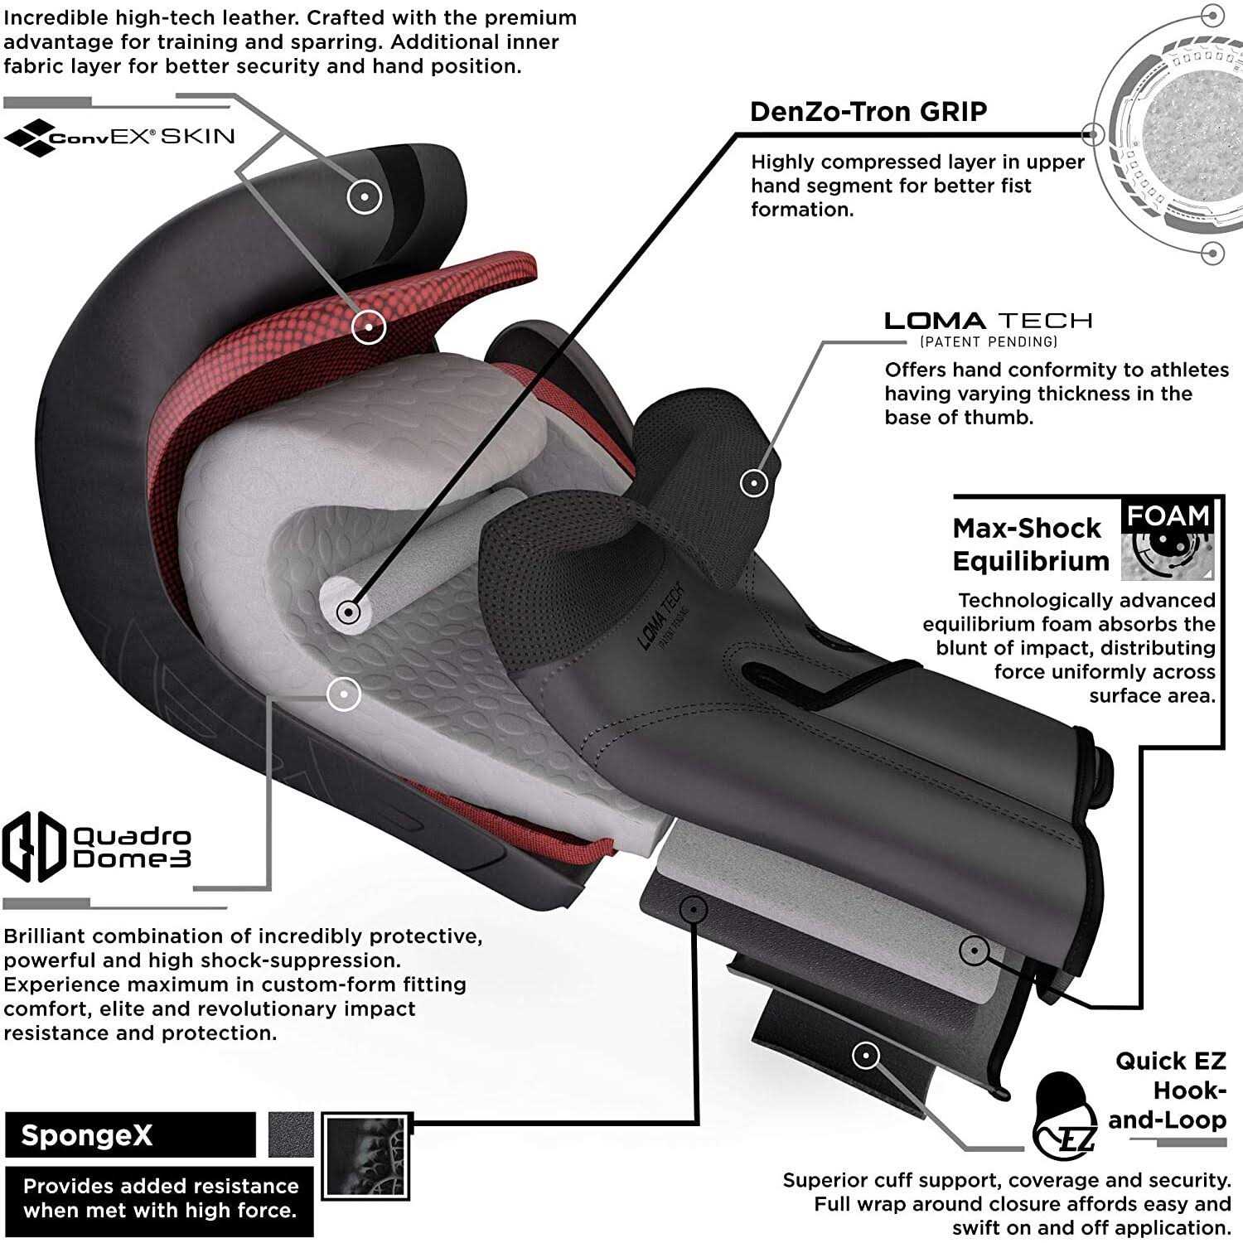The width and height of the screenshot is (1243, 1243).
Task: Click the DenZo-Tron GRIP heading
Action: click(868, 112)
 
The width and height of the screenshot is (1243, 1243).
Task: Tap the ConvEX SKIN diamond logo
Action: click(28, 138)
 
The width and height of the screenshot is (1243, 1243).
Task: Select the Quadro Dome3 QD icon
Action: click(34, 846)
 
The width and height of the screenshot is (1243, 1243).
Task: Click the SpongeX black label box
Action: click(129, 1134)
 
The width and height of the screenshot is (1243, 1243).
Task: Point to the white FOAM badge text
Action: click(1168, 515)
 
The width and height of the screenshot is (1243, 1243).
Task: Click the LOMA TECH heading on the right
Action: click(988, 321)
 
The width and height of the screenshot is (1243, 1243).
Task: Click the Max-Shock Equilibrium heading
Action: click(1030, 544)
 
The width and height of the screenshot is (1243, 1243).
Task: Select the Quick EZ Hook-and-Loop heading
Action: click(1169, 1091)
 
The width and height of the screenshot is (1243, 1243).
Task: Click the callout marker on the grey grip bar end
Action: click(349, 612)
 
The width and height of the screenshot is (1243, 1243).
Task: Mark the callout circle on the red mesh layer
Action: click(369, 326)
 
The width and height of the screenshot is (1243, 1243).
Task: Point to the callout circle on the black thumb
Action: click(753, 482)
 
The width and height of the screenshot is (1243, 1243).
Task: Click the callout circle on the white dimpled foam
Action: click(343, 694)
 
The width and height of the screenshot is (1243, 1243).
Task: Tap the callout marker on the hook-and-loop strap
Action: click(865, 1055)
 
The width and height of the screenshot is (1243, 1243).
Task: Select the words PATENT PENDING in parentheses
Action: click(988, 341)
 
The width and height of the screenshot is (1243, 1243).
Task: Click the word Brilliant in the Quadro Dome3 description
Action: click(53, 936)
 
